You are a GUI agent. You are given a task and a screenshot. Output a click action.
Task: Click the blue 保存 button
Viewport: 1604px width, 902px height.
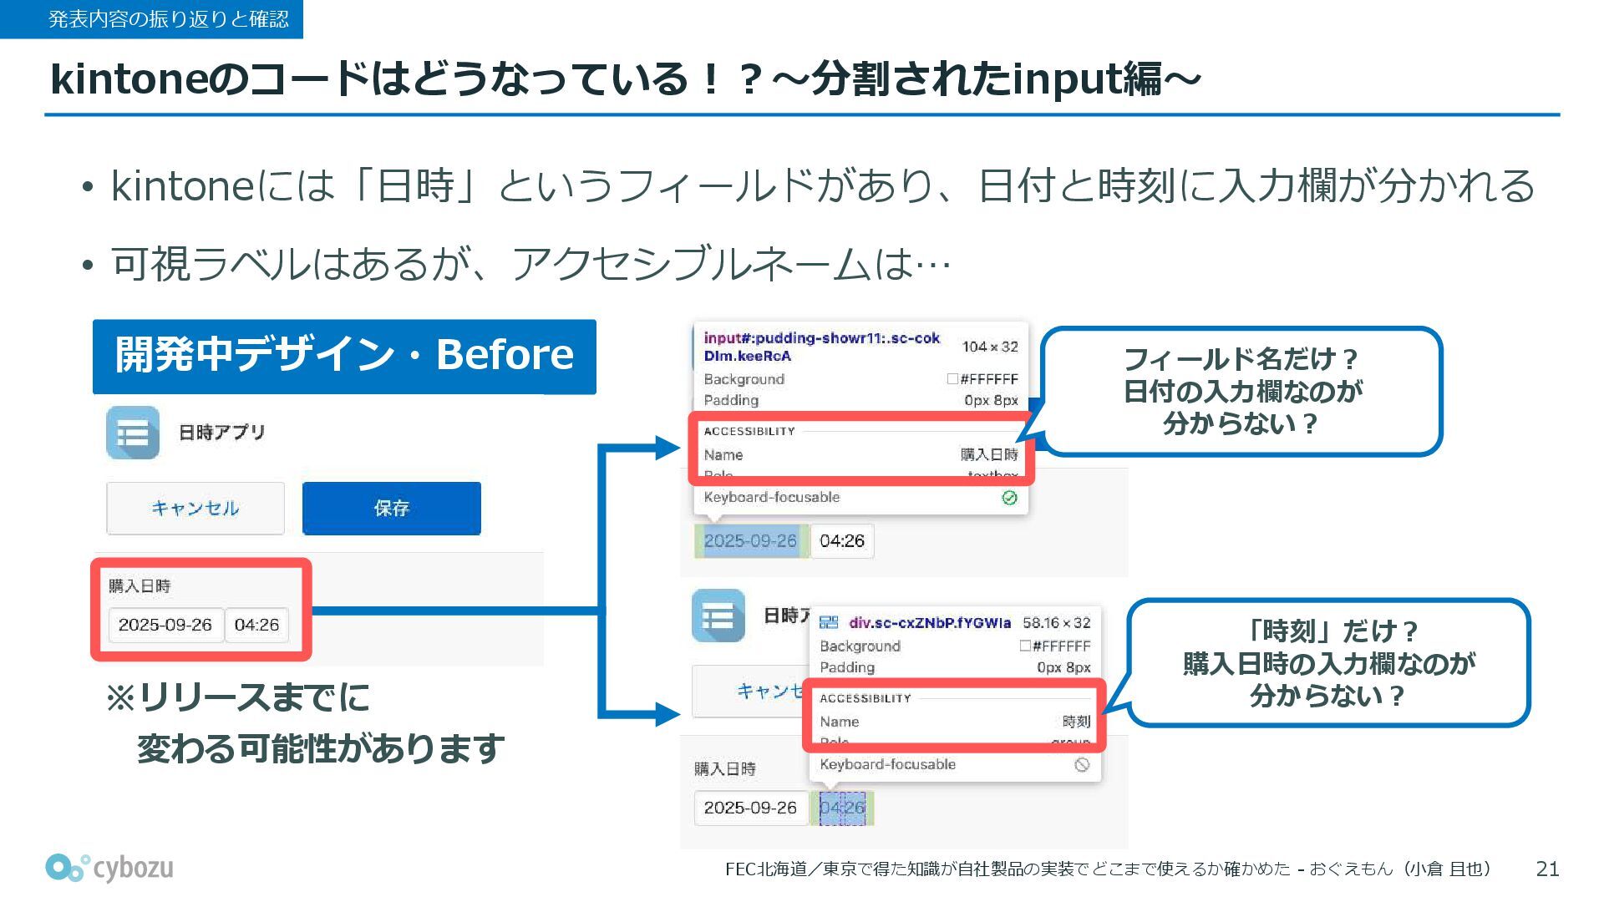391,508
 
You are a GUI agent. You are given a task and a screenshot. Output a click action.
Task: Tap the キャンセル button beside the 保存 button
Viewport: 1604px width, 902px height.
195,508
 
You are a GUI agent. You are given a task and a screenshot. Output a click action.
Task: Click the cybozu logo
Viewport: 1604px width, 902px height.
109,869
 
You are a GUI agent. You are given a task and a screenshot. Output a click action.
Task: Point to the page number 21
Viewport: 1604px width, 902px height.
1547,869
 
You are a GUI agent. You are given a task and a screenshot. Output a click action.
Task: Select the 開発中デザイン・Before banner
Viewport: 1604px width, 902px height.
344,356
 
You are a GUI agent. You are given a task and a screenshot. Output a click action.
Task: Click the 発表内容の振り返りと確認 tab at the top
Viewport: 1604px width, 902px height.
151,18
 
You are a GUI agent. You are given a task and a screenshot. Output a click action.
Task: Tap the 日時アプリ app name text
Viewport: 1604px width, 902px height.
221,432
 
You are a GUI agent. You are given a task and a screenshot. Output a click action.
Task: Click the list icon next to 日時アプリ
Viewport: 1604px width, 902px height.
133,433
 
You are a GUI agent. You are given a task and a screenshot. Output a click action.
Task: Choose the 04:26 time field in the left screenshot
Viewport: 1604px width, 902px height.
256,625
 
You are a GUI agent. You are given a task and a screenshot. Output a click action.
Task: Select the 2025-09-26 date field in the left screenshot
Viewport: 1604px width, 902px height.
165,625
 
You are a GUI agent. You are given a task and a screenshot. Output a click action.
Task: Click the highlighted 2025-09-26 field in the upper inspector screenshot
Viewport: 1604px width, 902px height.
750,540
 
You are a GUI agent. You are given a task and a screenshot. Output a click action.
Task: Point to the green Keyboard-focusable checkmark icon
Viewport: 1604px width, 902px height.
1009,498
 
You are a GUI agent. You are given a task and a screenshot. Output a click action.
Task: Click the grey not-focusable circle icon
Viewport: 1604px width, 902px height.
1082,765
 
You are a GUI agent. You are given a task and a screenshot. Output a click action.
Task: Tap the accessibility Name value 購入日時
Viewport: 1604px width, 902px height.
989,454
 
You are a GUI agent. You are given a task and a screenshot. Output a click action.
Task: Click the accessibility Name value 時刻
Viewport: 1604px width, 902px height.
1076,722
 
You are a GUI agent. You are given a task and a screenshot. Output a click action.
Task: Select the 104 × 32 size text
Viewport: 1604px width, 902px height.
990,347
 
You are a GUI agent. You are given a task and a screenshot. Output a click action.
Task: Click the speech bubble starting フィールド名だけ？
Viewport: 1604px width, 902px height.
1241,392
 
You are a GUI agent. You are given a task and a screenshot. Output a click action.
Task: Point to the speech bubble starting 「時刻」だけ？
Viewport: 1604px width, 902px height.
1328,663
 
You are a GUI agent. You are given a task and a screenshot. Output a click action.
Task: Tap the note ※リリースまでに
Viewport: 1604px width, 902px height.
238,697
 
